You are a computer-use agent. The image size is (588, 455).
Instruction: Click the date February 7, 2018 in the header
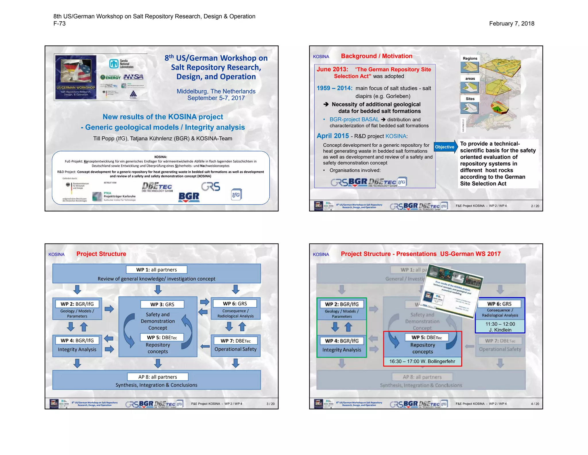click(x=511, y=24)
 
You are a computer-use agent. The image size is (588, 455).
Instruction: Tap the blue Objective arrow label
click(x=445, y=147)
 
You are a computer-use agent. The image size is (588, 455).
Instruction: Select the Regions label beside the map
click(x=470, y=58)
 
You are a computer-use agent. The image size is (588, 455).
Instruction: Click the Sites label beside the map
click(x=470, y=99)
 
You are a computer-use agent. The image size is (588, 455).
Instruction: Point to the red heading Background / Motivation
click(x=376, y=56)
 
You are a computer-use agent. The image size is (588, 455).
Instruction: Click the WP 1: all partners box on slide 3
click(x=156, y=270)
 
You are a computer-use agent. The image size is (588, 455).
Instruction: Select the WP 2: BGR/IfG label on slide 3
click(x=77, y=304)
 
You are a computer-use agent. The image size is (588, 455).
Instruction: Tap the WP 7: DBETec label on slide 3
click(x=235, y=341)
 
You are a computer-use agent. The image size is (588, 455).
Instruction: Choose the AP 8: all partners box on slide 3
click(x=158, y=377)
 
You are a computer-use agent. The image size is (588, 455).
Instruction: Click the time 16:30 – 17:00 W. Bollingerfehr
click(x=422, y=361)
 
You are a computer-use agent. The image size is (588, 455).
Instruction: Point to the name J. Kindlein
click(x=500, y=330)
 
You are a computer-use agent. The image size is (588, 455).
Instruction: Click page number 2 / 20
click(x=535, y=206)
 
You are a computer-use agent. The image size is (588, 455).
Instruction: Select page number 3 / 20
click(x=270, y=404)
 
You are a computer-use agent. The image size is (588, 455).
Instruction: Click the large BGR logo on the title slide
click(x=189, y=197)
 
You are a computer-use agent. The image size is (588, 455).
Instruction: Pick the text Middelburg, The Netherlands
click(x=216, y=91)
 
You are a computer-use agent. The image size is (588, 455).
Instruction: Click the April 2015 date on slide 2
click(x=333, y=136)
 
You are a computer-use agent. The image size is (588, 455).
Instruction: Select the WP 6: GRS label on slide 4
click(x=499, y=304)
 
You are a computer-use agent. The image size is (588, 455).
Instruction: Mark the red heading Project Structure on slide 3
click(x=101, y=254)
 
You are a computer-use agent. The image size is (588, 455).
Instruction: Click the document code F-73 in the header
click(x=59, y=24)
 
